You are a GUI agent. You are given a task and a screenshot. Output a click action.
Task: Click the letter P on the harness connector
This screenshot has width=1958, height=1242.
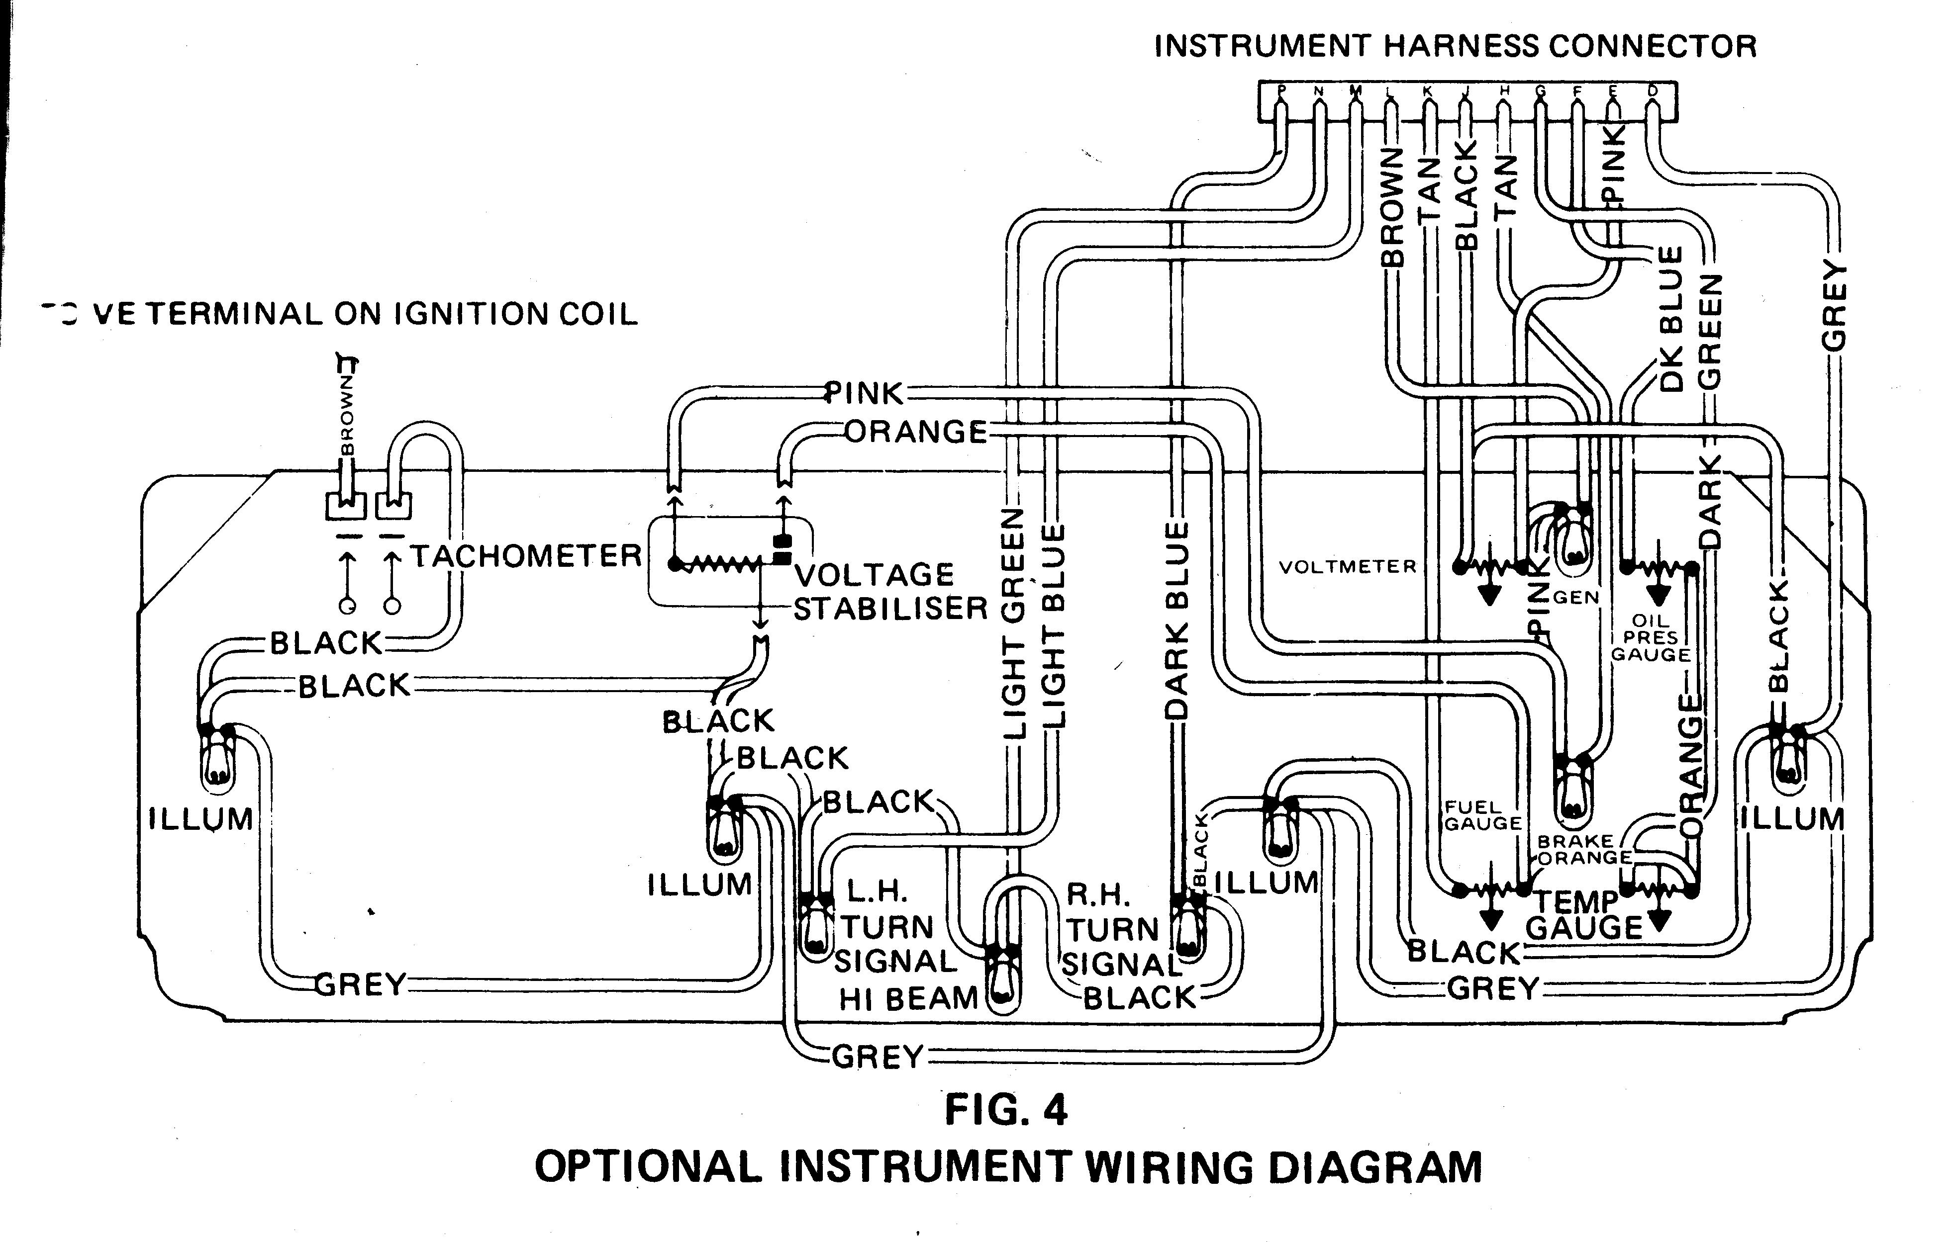click(1282, 91)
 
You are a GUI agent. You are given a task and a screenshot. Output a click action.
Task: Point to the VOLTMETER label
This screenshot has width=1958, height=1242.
click(1347, 566)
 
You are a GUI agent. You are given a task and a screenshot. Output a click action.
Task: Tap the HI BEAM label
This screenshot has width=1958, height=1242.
click(907, 998)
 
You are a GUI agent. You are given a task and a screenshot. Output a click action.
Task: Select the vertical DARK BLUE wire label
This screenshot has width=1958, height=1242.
click(1176, 622)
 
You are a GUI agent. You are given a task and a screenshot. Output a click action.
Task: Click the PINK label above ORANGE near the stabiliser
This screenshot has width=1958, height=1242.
click(865, 393)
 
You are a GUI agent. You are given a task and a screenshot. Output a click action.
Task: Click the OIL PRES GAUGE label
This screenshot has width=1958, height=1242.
click(1651, 638)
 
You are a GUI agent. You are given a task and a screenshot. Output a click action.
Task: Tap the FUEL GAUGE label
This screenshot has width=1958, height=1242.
click(1482, 815)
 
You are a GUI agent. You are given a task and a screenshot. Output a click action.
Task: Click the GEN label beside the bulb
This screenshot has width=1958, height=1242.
click(1576, 598)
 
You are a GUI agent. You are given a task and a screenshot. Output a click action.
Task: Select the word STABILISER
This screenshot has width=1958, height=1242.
click(890, 609)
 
